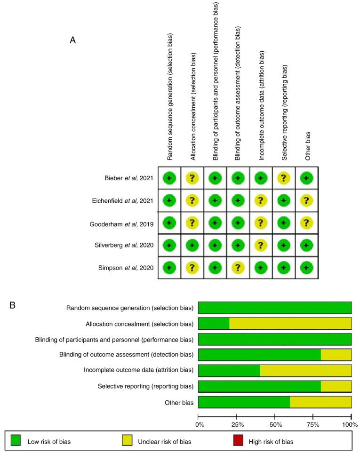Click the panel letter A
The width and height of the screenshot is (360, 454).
(73, 40)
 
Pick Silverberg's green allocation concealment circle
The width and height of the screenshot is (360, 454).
(192, 245)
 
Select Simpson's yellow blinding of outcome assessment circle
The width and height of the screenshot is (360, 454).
(238, 268)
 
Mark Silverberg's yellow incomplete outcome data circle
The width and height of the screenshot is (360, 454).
(261, 245)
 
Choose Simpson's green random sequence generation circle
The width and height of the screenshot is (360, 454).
(169, 268)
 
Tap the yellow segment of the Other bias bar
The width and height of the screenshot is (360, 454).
(320, 402)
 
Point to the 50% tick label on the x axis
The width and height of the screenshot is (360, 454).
(275, 424)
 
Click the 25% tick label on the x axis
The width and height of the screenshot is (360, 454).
(237, 424)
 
